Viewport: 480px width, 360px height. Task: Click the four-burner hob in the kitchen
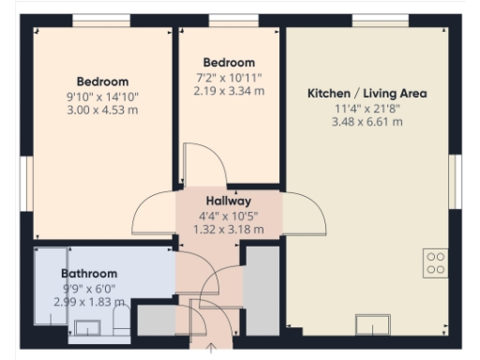tap(435, 262)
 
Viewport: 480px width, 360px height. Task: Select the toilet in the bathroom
tap(121, 322)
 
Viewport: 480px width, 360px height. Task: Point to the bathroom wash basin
tap(90, 325)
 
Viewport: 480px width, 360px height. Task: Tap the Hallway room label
tap(228, 201)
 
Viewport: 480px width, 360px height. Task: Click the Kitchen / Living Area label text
tap(367, 93)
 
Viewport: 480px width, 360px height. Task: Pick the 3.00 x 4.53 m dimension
tap(102, 110)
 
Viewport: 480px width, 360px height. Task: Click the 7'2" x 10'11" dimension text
tap(229, 77)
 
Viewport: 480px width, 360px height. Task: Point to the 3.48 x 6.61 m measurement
tap(367, 122)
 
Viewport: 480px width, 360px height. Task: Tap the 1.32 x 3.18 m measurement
tap(228, 228)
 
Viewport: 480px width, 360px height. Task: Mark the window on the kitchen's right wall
tap(457, 178)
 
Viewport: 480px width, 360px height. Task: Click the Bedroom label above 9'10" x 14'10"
tap(102, 82)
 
